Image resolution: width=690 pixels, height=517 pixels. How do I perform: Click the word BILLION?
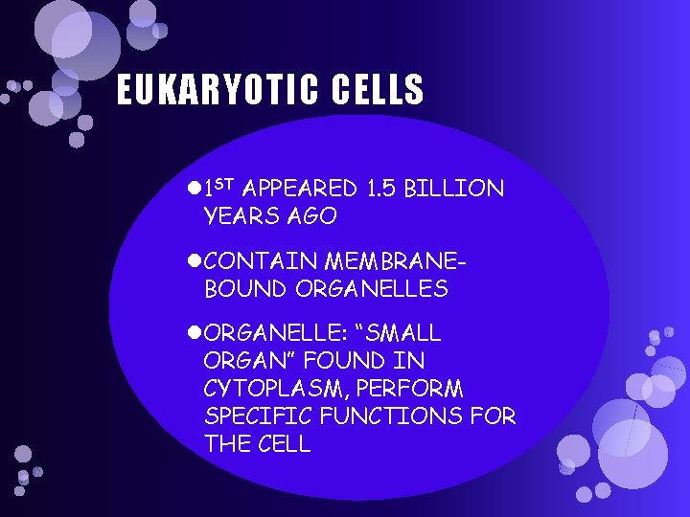click(454, 189)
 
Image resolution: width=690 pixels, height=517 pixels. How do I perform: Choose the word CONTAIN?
click(262, 260)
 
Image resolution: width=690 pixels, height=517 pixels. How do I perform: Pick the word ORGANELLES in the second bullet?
click(372, 288)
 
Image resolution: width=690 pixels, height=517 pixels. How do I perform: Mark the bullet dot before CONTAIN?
click(195, 260)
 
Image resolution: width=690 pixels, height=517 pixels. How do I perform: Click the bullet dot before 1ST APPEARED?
click(195, 189)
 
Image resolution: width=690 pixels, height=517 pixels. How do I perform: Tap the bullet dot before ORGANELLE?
click(195, 333)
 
